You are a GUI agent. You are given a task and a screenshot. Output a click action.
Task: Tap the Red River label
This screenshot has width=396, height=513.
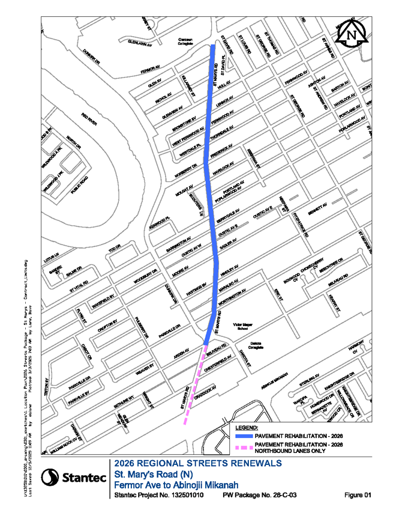(89, 120)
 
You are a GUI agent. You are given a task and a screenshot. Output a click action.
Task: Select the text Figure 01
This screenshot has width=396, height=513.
(358, 495)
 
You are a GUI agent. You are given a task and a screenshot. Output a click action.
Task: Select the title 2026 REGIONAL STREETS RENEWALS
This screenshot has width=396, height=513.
(197, 463)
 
